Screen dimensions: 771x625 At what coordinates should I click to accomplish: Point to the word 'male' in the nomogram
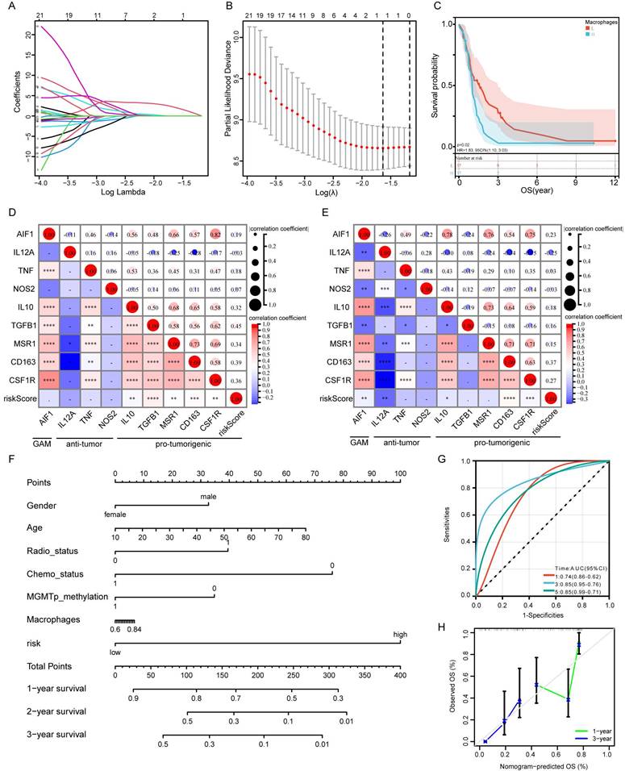pyautogui.click(x=209, y=497)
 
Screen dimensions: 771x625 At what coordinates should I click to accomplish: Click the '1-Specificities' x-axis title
pyautogui.click(x=542, y=615)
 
